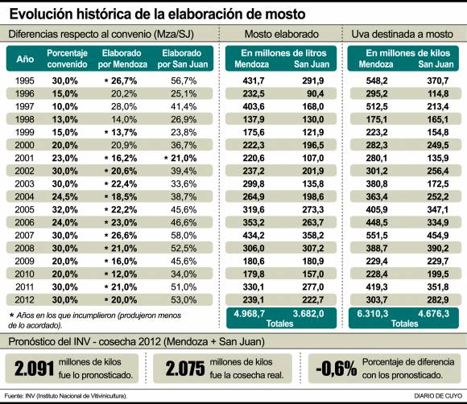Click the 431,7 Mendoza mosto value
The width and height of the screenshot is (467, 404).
(x=253, y=81)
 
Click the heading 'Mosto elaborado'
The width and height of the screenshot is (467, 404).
(x=280, y=34)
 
